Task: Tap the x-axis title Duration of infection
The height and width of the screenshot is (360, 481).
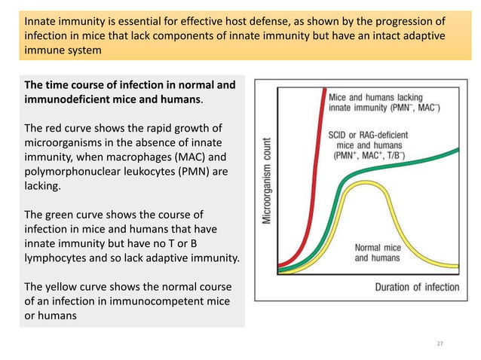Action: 417,287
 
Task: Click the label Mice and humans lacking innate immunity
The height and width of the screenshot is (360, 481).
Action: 384,103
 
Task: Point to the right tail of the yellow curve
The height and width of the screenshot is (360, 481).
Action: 452,265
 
